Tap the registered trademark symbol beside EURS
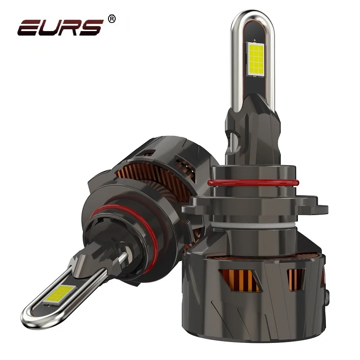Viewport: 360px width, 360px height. (112, 18)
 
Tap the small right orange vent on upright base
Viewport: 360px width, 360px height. (295, 274)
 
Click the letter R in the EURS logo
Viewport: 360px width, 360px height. (71, 27)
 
